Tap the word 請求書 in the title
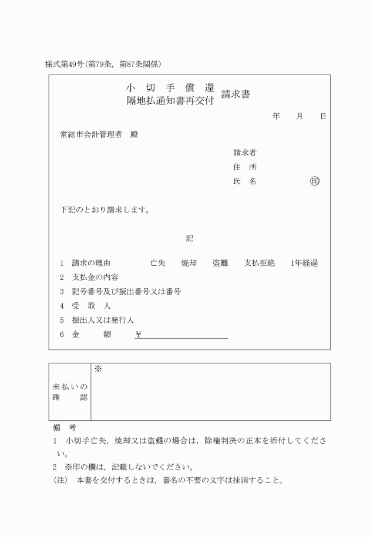[236, 94]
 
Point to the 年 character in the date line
[276, 117]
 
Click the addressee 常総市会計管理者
[91, 134]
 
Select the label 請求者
[244, 153]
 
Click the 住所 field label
[244, 167]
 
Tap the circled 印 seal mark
[315, 181]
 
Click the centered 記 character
[189, 239]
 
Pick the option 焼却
[189, 263]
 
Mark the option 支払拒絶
[259, 263]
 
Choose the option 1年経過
[304, 263]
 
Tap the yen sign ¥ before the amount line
[138, 335]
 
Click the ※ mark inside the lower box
[98, 369]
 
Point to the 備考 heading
[61, 428]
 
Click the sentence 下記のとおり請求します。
[105, 210]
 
